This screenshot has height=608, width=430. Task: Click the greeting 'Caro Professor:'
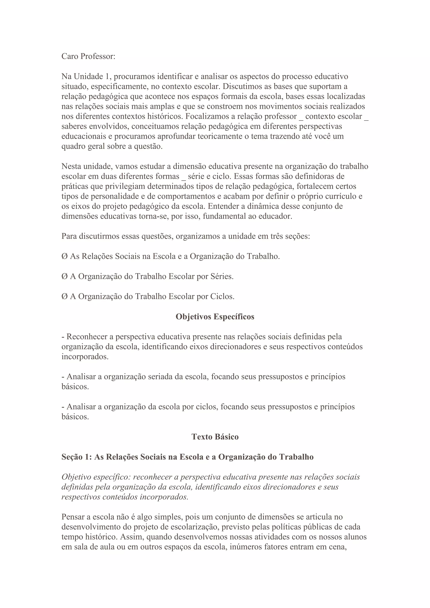pyautogui.click(x=88, y=56)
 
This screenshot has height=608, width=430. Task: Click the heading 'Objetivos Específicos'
pyautogui.click(x=215, y=317)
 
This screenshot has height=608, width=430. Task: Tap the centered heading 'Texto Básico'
pyautogui.click(x=215, y=437)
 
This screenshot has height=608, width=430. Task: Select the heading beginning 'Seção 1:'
pyautogui.click(x=187, y=457)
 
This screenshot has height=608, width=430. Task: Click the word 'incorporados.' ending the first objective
pyautogui.click(x=85, y=356)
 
